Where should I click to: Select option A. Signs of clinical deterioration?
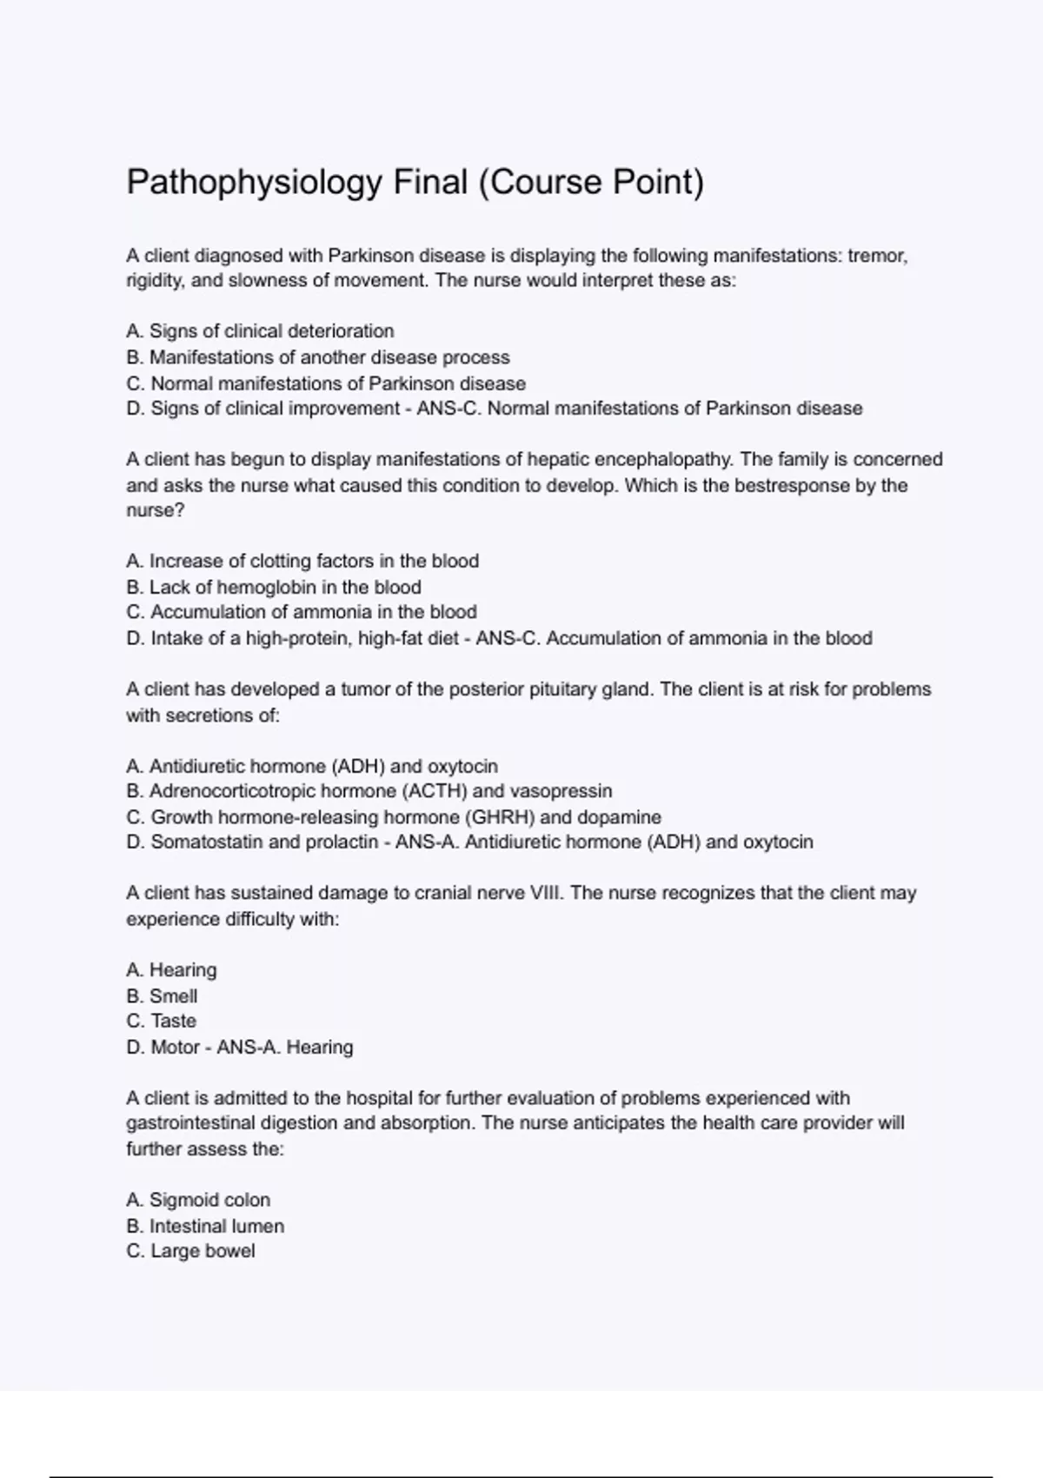click(260, 331)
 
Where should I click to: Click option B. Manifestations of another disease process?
click(318, 357)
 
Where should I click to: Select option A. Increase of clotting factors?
click(302, 561)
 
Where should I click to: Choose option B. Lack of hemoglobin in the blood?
click(274, 587)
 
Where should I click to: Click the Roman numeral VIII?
click(544, 893)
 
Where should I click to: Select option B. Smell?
click(162, 996)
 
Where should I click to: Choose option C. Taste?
click(162, 1021)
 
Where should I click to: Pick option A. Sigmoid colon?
click(198, 1200)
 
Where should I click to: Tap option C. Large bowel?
click(190, 1251)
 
